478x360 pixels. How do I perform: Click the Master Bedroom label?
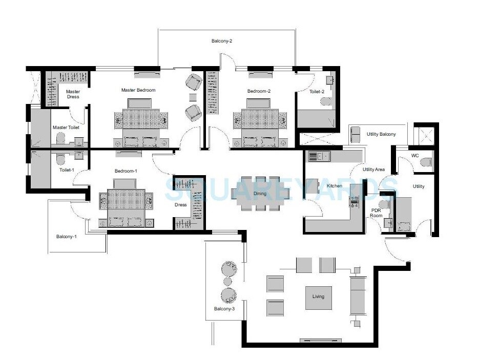pyautogui.click(x=138, y=90)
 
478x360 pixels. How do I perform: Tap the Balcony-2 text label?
pyautogui.click(x=222, y=41)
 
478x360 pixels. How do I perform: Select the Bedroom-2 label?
pyautogui.click(x=259, y=91)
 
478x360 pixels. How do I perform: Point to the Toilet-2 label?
pyautogui.click(x=317, y=92)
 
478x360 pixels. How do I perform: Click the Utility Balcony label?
pyautogui.click(x=381, y=134)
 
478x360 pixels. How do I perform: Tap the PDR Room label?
pyautogui.click(x=376, y=213)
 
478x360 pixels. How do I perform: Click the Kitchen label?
pyautogui.click(x=327, y=185)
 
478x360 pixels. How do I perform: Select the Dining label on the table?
pyautogui.click(x=260, y=194)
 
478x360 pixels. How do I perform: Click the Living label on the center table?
pyautogui.click(x=318, y=297)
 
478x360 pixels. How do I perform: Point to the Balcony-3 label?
pyautogui.click(x=224, y=309)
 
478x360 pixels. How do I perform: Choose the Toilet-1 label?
pyautogui.click(x=67, y=168)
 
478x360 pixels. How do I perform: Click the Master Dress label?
pyautogui.click(x=73, y=94)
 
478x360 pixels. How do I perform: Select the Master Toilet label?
pyautogui.click(x=66, y=128)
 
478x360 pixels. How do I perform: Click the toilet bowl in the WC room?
pyautogui.click(x=424, y=162)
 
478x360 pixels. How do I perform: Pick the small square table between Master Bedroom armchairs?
pyautogui.click(x=193, y=97)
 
